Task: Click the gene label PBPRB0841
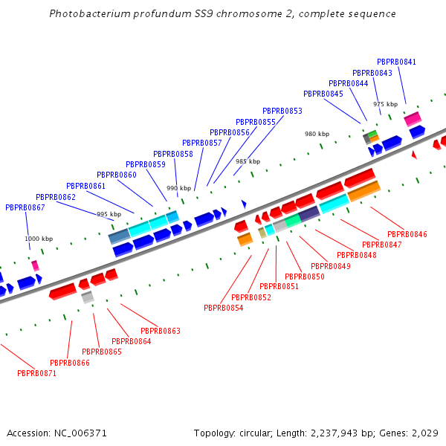[396, 62]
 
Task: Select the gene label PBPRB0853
[282, 111]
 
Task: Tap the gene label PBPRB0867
[25, 207]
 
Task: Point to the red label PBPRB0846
[407, 234]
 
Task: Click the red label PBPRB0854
[223, 308]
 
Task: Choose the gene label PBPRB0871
[36, 372]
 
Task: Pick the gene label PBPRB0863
[160, 331]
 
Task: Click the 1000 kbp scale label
[39, 239]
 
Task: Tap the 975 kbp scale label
[385, 104]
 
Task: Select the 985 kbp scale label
[248, 161]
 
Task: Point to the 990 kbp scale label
[178, 188]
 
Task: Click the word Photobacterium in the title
[84, 14]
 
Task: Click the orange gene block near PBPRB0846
[363, 191]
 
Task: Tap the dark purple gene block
[309, 213]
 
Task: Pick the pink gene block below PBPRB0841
[413, 118]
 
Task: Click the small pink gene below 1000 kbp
[35, 265]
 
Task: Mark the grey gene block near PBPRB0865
[88, 297]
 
